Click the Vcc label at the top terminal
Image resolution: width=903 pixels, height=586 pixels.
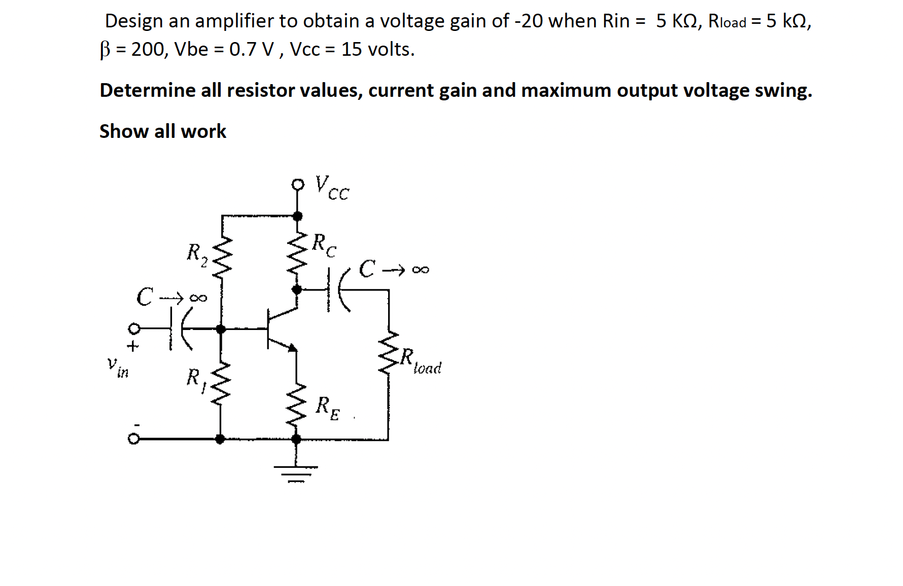(x=332, y=188)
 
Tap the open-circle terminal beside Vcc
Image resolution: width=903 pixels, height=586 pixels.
(x=298, y=185)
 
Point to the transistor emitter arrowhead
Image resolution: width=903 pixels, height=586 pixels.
(x=292, y=348)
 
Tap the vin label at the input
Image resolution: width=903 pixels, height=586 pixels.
(x=118, y=367)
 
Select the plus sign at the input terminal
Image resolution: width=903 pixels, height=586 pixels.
(x=132, y=347)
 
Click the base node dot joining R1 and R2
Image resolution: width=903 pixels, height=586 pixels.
(x=221, y=329)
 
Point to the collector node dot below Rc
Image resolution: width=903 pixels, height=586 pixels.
(x=297, y=289)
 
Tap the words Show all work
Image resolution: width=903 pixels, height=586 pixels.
(x=163, y=131)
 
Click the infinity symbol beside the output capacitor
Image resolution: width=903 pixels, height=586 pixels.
(x=421, y=270)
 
